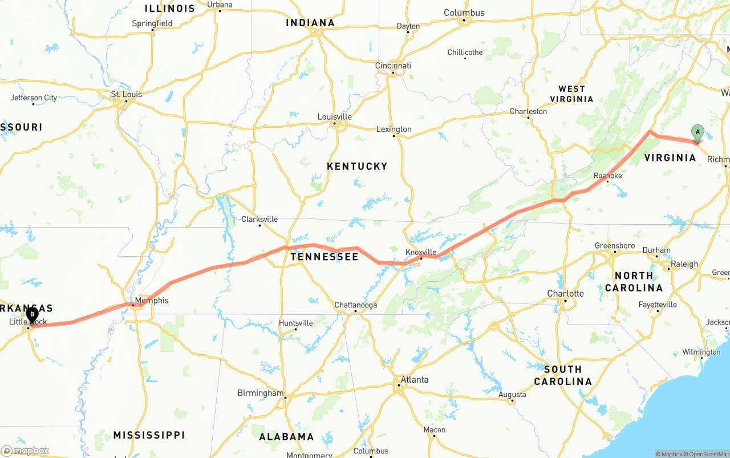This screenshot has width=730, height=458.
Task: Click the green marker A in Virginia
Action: [697, 132]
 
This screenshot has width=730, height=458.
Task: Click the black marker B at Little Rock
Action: [32, 314]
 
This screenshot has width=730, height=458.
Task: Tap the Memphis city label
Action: [152, 301]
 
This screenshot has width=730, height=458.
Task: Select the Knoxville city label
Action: [421, 252]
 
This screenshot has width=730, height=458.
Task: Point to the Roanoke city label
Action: [607, 176]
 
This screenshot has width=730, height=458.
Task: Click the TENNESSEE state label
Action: [325, 257]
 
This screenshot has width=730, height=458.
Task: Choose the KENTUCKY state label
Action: [357, 167]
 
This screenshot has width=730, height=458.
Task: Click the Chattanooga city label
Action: [355, 305]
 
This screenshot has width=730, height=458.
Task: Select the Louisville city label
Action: [334, 117]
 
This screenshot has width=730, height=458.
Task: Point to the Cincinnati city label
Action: [393, 66]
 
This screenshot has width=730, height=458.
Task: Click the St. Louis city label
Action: [127, 94]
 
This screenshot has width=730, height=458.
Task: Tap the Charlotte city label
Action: [565, 294]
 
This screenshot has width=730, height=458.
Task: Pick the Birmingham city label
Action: [260, 393]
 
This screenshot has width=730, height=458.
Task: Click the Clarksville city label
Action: [259, 219]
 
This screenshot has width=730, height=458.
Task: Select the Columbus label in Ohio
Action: [464, 13]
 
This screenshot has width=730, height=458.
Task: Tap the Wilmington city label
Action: [701, 352]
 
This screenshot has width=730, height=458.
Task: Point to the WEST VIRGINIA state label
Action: [571, 94]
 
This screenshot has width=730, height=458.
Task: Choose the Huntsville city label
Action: [295, 323]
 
